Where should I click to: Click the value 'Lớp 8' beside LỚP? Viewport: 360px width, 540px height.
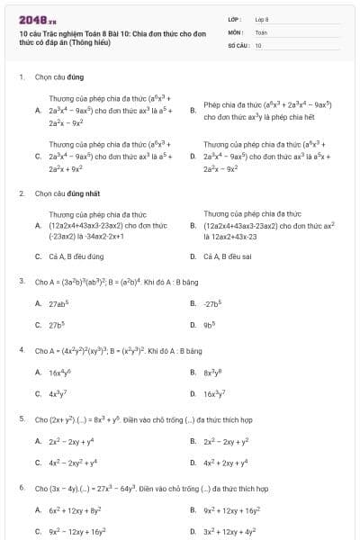[x=262, y=18]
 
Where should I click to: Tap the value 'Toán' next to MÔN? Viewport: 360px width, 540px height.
[x=261, y=31]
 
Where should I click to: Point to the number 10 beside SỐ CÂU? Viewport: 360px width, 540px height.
[x=258, y=44]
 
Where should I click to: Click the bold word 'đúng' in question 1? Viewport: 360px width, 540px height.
[x=71, y=77]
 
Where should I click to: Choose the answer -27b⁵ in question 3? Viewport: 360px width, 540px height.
[x=213, y=303]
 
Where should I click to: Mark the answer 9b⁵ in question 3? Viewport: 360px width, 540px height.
[x=211, y=325]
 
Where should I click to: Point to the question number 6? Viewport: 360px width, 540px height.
[x=22, y=488]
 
